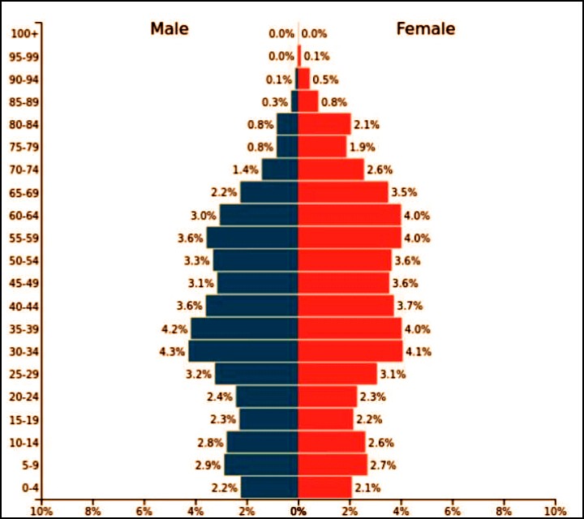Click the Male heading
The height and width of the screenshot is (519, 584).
click(x=169, y=29)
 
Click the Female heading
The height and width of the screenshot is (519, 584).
click(x=425, y=29)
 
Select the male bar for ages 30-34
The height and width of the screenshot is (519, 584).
click(x=243, y=351)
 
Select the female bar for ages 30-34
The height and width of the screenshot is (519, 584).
click(x=350, y=351)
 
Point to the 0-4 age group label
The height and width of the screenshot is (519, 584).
click(x=24, y=488)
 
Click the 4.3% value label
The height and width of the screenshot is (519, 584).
click(x=174, y=352)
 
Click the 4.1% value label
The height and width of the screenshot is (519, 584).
click(x=419, y=352)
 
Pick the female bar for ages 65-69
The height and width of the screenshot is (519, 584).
click(x=343, y=192)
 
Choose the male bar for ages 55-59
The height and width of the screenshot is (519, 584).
click(x=252, y=238)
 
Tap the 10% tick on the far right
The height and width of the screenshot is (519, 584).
click(x=556, y=511)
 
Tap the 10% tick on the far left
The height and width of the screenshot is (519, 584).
click(x=41, y=511)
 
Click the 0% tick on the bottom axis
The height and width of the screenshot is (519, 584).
click(x=298, y=511)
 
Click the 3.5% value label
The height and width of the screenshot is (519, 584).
click(x=404, y=193)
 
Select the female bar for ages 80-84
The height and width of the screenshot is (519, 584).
click(x=324, y=124)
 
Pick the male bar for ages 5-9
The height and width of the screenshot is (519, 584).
click(x=261, y=465)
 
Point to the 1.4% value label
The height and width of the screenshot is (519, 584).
click(x=245, y=170)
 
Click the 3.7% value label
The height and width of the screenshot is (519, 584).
click(x=410, y=307)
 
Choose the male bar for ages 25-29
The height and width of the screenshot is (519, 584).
click(x=256, y=374)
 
